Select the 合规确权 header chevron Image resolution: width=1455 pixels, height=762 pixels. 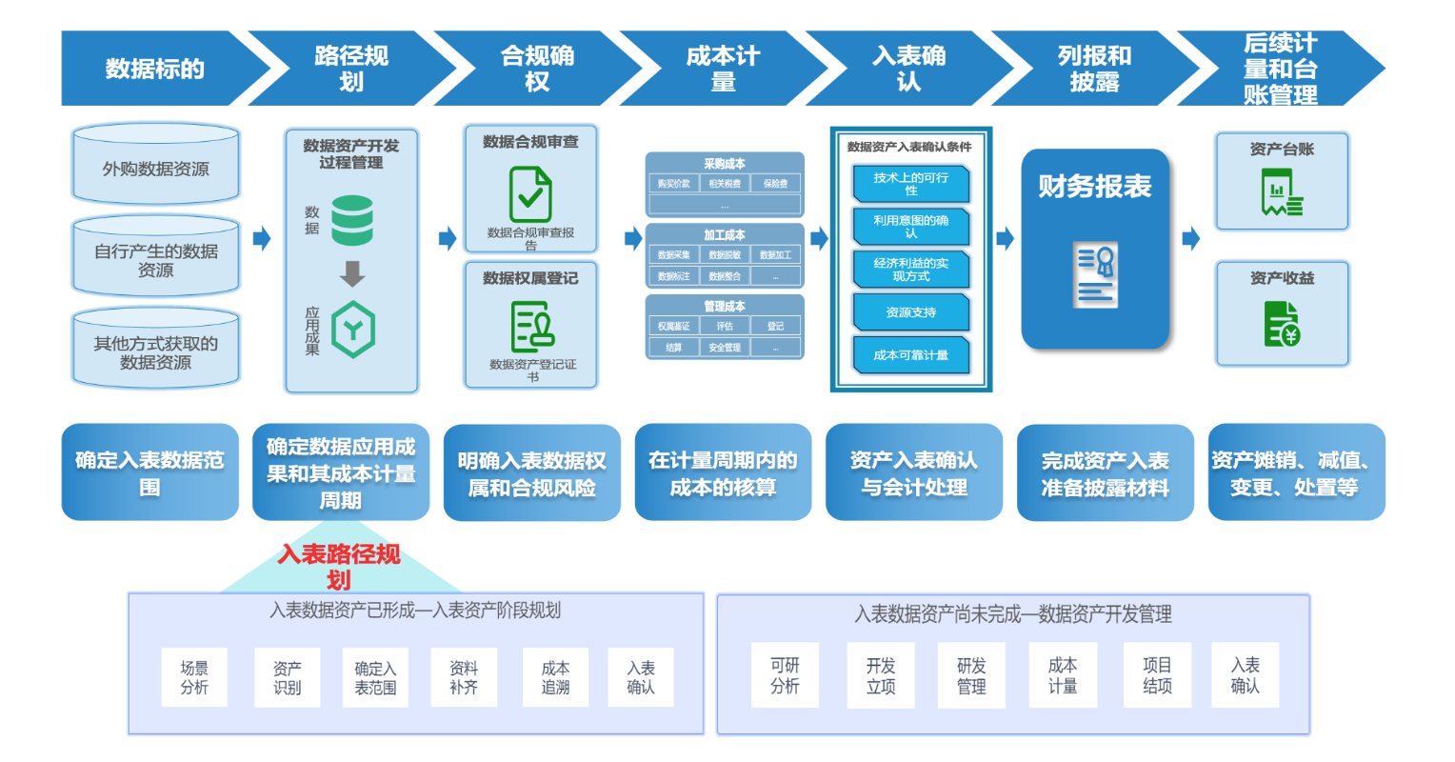[537, 69]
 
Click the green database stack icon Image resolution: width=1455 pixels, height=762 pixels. [352, 220]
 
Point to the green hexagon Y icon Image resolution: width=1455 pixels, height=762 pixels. [353, 330]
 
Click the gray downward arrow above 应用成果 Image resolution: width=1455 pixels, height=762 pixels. [352, 274]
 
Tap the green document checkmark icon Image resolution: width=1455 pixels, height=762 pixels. [530, 194]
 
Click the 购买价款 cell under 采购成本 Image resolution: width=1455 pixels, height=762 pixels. [673, 184]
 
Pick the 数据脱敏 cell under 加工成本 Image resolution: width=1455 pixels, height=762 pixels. [725, 255]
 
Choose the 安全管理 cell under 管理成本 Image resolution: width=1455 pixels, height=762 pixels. [725, 348]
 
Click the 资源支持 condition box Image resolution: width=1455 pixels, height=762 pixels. [911, 312]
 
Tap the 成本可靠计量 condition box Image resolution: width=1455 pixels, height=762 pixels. [911, 355]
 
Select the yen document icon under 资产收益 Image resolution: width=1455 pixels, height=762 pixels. [1282, 324]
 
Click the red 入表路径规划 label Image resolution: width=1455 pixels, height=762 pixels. [339, 567]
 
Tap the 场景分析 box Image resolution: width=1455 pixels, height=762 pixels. [194, 678]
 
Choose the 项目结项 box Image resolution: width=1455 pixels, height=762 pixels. [1157, 676]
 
